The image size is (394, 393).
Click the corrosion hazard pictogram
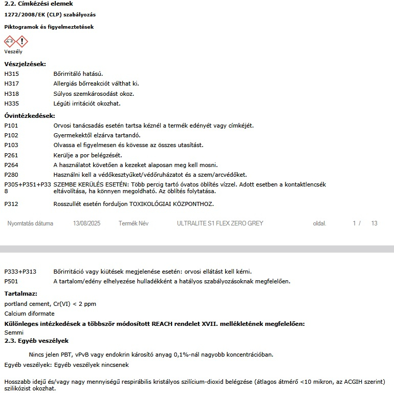point(10,42)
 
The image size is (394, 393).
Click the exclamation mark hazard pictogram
point(22,42)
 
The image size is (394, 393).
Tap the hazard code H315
point(11,74)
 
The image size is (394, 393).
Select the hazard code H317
point(11,84)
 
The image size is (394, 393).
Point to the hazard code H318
point(11,94)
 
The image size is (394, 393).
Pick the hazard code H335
point(11,104)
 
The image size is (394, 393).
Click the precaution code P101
point(11,126)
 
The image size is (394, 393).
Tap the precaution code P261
point(11,155)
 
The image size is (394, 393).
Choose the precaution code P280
point(11,175)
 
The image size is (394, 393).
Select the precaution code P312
point(11,204)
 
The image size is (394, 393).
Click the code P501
point(11,281)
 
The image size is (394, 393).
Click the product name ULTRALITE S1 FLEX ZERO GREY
point(220,223)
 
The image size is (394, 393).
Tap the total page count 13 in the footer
point(374,223)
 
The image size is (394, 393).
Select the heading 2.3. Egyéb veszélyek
point(36,341)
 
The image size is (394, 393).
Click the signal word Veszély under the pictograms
point(13,52)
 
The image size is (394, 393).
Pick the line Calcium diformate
point(29,314)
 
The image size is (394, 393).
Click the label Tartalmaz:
point(20,294)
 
